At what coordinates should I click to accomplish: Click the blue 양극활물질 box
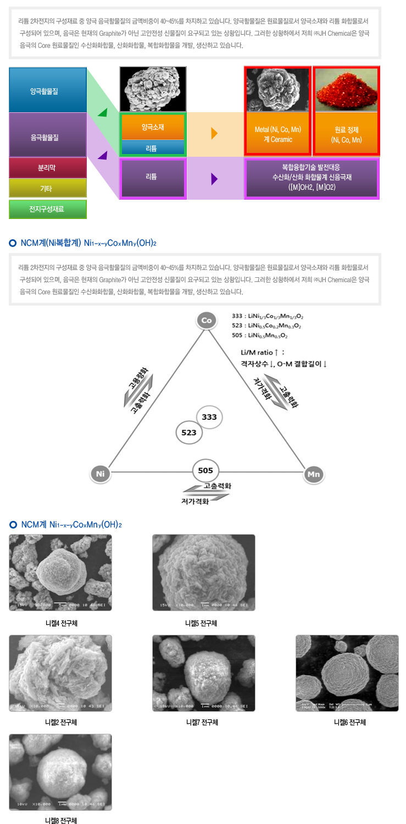48,90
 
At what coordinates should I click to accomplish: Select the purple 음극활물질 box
48,135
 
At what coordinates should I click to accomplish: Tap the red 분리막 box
48,168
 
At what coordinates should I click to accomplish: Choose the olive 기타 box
48,188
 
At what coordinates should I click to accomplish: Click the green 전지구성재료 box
48,209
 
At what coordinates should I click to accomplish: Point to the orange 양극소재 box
153,127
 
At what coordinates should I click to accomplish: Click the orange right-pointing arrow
214,134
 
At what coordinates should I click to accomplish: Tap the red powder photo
346,89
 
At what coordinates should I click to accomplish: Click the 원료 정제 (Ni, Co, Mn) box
346,134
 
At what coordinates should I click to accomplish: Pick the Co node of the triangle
207,320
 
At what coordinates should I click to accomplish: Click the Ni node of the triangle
100,473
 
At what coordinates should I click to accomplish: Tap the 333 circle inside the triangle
209,417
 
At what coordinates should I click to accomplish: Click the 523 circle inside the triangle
189,432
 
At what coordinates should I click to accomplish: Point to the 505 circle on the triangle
206,471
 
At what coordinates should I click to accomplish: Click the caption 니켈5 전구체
201,623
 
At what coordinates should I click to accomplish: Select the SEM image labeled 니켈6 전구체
347,673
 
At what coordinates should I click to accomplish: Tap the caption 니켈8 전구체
60,820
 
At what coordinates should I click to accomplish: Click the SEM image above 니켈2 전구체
60,673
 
